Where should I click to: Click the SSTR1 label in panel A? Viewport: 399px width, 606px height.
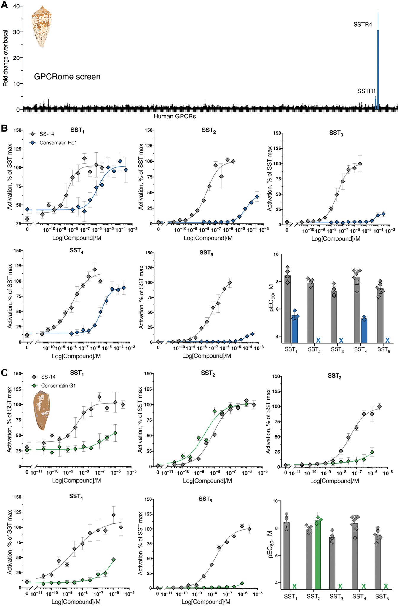[366, 91]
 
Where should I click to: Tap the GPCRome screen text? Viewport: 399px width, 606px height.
[67, 77]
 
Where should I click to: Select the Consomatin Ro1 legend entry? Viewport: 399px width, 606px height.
[58, 143]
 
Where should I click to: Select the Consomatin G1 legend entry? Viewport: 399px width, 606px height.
[58, 386]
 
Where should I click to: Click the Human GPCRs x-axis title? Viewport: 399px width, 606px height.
[175, 116]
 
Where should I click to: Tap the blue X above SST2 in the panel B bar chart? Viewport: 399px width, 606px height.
[318, 340]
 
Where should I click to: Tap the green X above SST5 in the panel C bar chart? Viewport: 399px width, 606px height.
[386, 586]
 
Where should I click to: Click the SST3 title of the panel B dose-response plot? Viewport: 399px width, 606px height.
[336, 133]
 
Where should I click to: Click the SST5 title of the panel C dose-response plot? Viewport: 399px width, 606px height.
[205, 499]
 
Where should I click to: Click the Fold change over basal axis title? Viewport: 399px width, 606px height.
[6, 58]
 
